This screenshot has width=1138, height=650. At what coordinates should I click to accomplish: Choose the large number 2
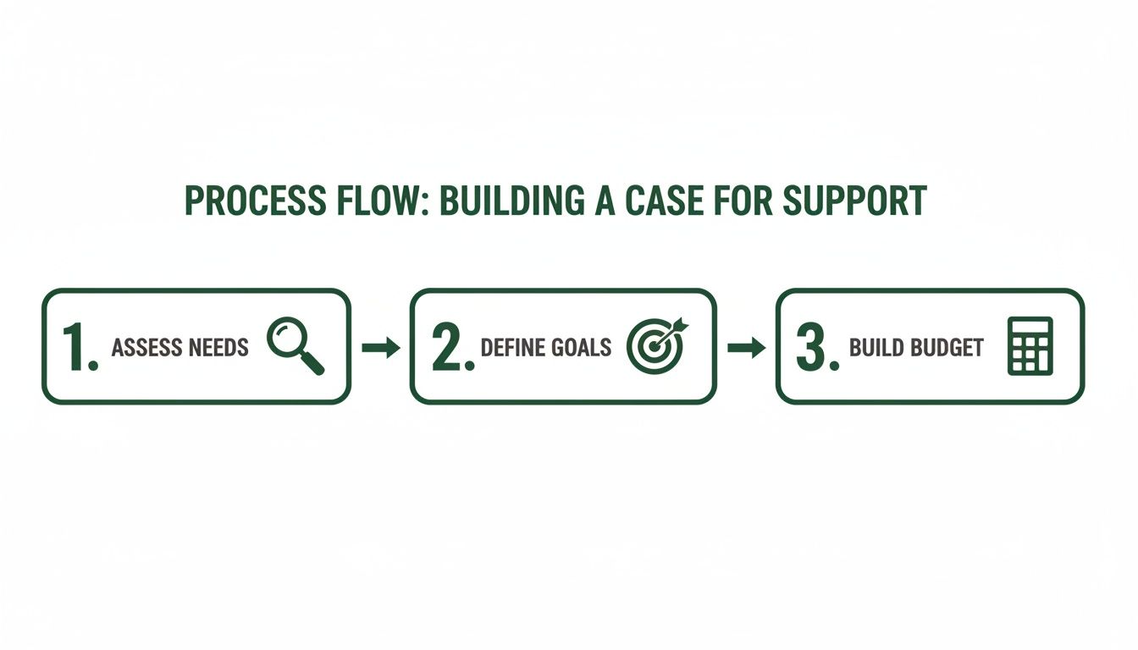coord(449,347)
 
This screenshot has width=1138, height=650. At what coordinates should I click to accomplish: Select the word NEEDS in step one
coord(218,347)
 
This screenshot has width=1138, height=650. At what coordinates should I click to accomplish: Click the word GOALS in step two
coord(582,347)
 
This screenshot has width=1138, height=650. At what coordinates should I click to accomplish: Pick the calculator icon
coord(1030,345)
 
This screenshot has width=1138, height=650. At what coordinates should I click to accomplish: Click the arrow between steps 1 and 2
coord(380,347)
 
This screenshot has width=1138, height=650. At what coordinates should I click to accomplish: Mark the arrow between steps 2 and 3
coord(746,347)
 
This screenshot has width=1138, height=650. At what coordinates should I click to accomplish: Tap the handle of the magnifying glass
coord(312,363)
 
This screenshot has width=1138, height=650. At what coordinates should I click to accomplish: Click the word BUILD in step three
coord(877,347)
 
